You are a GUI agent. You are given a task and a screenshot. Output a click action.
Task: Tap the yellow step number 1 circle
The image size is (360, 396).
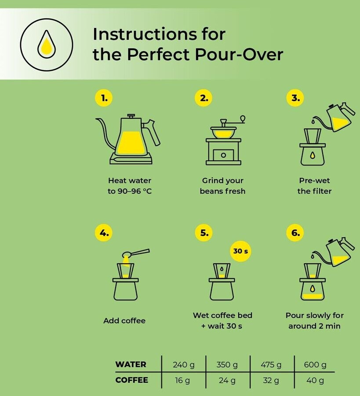[x=104, y=98]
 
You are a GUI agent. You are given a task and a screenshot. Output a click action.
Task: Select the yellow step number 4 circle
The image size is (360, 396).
[x=104, y=233]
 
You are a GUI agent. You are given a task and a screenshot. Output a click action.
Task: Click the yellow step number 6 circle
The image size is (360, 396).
[x=295, y=233]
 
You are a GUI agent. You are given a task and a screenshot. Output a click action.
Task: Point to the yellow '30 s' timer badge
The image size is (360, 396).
[x=240, y=251]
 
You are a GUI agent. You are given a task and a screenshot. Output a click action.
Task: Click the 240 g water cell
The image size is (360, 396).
[x=184, y=364]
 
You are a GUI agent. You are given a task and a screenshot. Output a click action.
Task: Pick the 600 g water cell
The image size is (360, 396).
[x=315, y=364]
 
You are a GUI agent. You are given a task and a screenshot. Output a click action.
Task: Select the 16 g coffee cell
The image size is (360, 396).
[x=182, y=380]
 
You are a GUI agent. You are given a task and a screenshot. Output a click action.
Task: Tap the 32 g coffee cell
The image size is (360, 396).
[x=271, y=380]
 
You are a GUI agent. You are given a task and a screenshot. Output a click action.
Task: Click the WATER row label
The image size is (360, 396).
[x=131, y=364]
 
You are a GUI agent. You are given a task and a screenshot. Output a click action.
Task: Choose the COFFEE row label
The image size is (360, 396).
[x=132, y=380]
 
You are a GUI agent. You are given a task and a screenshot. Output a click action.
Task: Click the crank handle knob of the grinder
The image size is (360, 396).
[x=243, y=118]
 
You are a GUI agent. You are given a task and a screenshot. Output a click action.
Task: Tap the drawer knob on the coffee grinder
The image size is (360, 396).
[x=223, y=155]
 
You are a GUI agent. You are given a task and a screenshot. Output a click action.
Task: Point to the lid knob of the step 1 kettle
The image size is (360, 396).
[x=131, y=116]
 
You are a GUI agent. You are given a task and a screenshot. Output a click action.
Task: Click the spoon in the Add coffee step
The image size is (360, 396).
[x=135, y=253]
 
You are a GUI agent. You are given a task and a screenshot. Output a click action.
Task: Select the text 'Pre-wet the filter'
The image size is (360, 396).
[x=314, y=186]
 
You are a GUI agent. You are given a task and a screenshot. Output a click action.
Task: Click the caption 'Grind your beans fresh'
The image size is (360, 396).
[x=222, y=186]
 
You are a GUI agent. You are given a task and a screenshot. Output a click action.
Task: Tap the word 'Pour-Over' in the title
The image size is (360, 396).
[x=239, y=54]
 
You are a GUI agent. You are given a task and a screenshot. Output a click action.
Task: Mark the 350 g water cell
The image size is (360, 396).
[x=227, y=364]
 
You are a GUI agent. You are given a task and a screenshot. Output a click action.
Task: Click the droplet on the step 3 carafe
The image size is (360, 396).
[x=313, y=155]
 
